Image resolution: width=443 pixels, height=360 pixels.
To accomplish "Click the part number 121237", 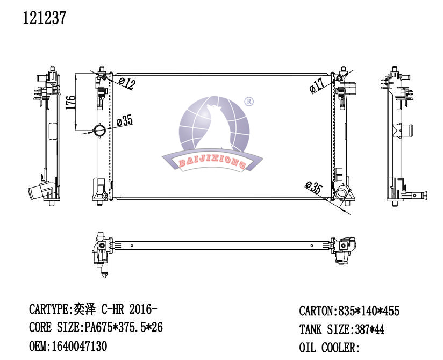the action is [x=45, y=18].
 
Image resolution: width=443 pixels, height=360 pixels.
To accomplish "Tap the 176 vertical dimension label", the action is [x=71, y=103].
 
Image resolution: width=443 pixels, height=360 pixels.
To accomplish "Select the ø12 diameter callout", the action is [x=127, y=83].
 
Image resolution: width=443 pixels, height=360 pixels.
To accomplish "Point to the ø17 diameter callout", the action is [x=317, y=85].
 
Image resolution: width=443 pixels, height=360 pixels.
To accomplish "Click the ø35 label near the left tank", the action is [x=125, y=120].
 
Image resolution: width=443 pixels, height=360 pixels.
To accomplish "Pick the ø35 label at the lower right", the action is [x=314, y=187].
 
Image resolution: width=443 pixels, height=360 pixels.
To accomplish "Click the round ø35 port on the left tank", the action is [x=100, y=131].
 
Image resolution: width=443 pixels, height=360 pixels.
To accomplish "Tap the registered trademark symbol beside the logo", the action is [x=248, y=102].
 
